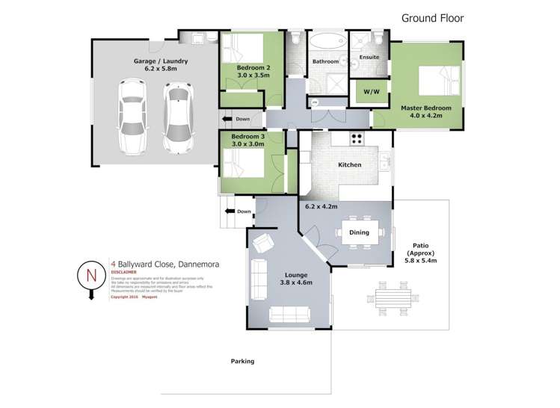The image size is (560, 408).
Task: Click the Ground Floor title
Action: [433, 17]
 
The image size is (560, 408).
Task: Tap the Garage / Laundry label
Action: [161, 61]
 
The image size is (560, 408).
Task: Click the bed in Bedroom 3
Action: [243, 161]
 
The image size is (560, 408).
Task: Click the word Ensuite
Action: [369, 57]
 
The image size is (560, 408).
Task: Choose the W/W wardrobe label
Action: [371, 93]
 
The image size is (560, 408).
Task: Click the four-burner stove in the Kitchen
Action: [357, 138]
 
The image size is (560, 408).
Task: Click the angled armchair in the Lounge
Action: [262, 242]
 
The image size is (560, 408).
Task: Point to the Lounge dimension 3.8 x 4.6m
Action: [291, 283]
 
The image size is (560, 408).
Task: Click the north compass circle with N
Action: [91, 274]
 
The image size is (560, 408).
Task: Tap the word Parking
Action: [242, 361]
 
